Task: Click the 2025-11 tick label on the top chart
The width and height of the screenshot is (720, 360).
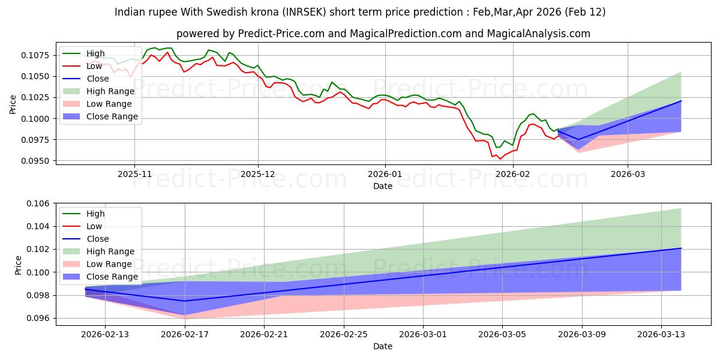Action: pos(134,173)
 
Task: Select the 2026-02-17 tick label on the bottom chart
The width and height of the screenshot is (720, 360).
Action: pos(184,335)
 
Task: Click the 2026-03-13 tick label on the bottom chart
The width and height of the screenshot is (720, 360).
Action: pos(661,335)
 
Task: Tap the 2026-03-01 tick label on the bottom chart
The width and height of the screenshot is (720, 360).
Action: pos(423,335)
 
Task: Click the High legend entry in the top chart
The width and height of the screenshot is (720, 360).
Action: pos(95,53)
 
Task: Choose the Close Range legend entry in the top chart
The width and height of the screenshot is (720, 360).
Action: pos(112,116)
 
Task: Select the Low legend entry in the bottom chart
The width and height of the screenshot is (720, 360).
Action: pos(94,226)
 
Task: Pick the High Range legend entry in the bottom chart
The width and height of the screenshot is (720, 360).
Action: pos(110,251)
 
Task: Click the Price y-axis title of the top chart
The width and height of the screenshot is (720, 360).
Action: pos(13,104)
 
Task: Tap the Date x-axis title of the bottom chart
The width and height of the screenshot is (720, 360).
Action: pos(382,346)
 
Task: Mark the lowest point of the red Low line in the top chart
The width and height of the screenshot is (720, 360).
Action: pos(500,159)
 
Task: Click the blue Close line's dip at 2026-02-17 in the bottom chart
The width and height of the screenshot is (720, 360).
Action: pos(184,301)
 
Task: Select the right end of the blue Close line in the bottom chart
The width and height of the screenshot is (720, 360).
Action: pos(681,248)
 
